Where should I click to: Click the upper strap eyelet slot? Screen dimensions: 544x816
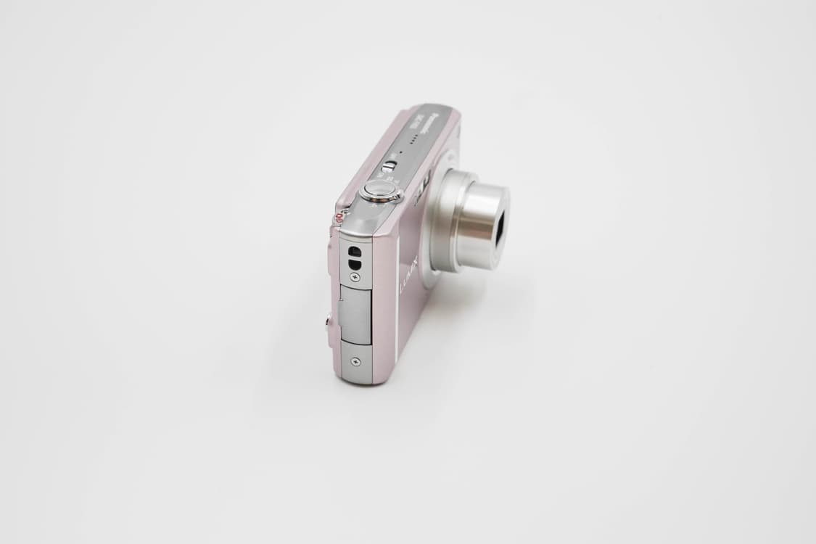355,250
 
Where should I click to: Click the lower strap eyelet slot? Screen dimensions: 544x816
355,260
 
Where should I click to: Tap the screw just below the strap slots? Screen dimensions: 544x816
355,276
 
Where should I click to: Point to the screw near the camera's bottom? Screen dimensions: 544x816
355,360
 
